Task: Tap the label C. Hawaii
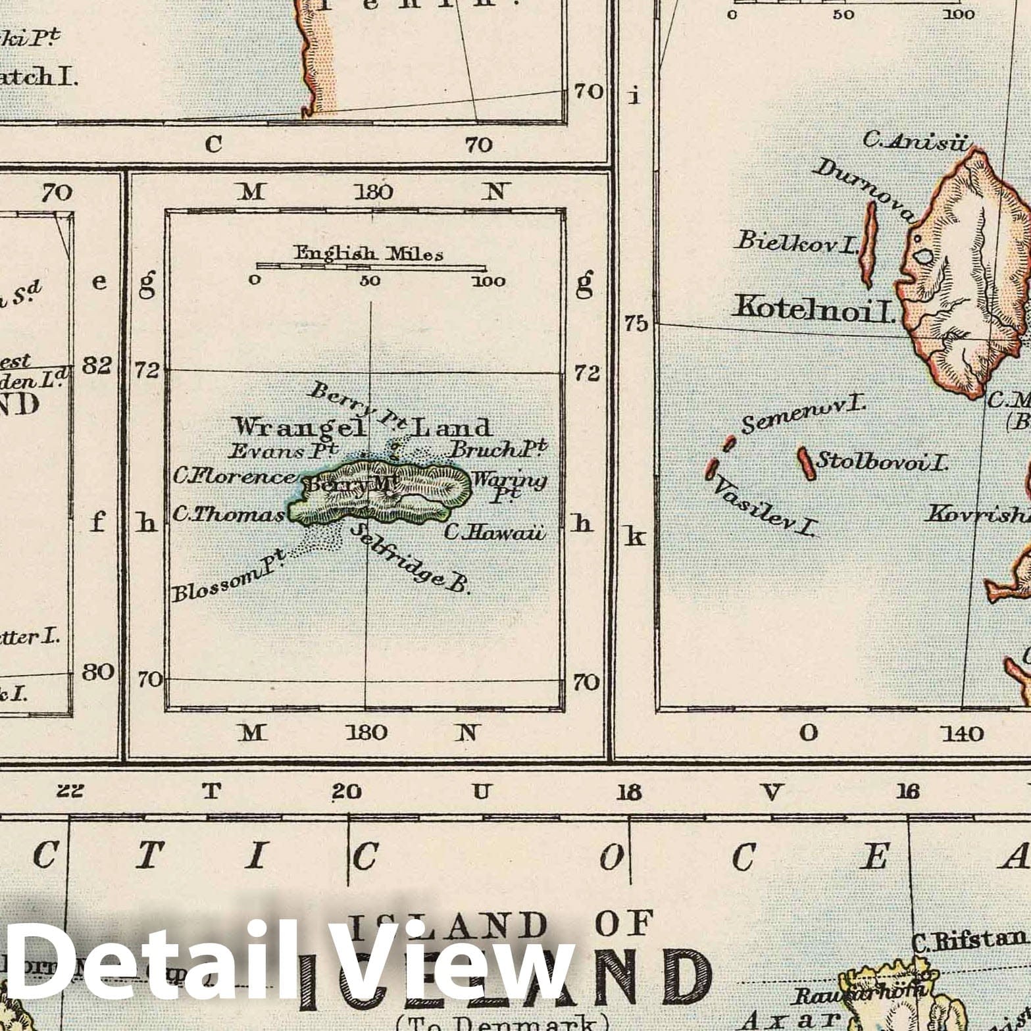pos(495,531)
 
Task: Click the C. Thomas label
pos(228,515)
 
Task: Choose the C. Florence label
pos(234,476)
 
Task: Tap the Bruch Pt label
pos(497,449)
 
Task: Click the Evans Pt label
pos(283,451)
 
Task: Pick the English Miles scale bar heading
pos(368,253)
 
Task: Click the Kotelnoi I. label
pos(815,308)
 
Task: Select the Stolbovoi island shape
pos(805,463)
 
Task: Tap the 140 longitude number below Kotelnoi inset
pos(962,733)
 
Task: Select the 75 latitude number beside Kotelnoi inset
pos(636,324)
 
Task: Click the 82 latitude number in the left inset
pos(97,365)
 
